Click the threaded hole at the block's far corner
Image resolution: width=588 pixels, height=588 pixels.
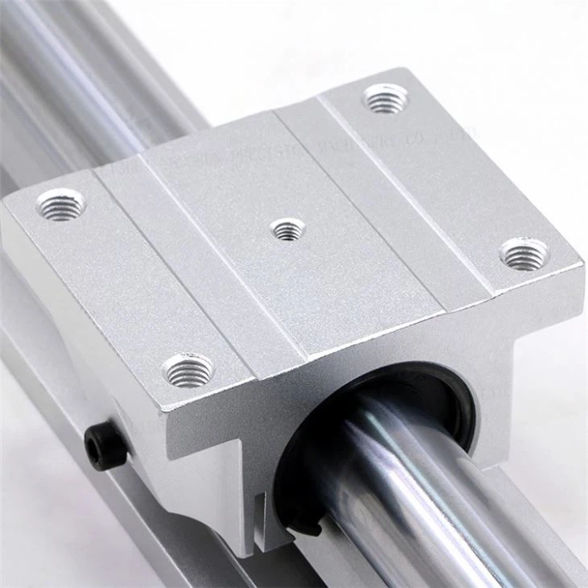point(386,99)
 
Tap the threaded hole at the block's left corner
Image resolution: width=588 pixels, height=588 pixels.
point(61,204)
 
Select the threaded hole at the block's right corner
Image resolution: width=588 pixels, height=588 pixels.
point(524,254)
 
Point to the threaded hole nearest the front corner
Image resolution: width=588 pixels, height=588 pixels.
point(188,371)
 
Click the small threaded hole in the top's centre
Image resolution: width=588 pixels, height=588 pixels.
point(288,230)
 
